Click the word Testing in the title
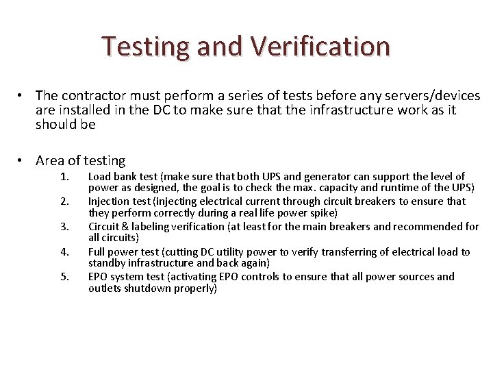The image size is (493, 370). point(145,47)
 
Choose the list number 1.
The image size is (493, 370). point(65,177)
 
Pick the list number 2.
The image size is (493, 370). point(65,201)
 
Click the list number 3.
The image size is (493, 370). point(65,227)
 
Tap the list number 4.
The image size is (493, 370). point(65,251)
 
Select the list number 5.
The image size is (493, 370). point(65,277)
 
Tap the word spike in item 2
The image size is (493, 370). point(318,213)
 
